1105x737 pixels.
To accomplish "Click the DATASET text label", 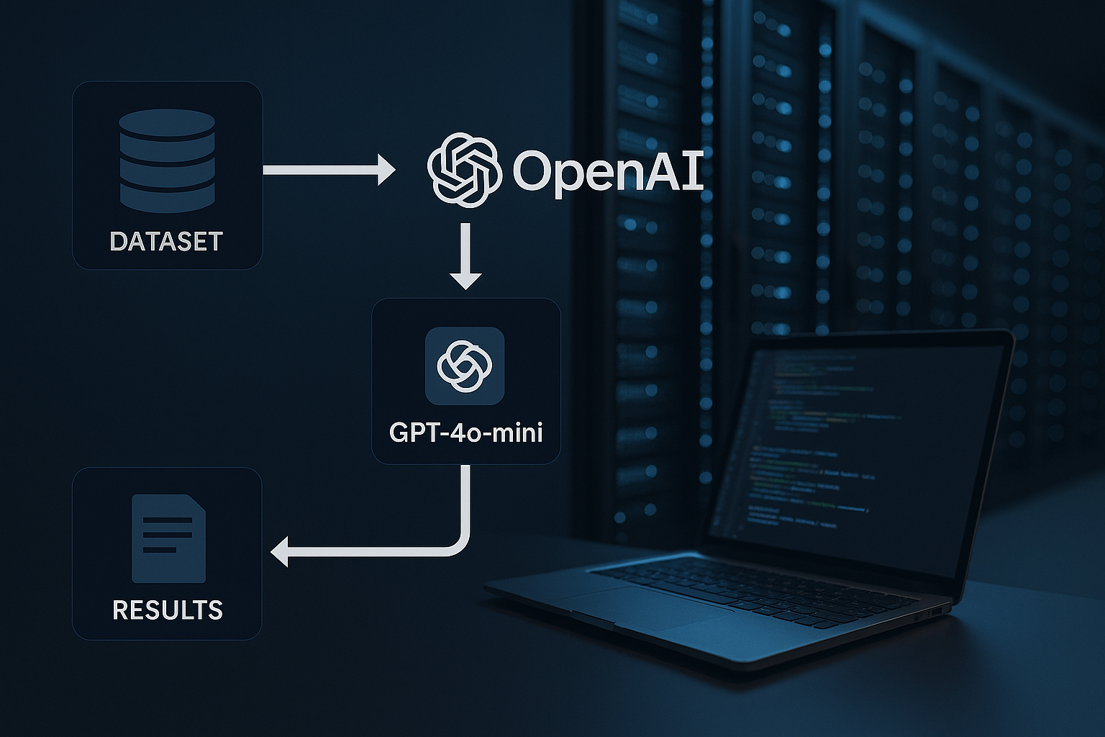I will [x=166, y=241].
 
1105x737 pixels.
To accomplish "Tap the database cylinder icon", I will [x=167, y=160].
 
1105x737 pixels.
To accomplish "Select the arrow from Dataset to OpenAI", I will [x=327, y=170].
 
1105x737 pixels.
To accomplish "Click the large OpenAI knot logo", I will [x=464, y=170].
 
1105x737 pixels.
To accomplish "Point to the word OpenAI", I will [x=608, y=171].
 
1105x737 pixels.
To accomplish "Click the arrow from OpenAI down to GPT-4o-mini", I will [x=465, y=256].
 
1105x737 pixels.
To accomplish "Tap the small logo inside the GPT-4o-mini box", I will [x=465, y=365].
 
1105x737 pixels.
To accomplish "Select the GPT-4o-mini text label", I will [x=465, y=432].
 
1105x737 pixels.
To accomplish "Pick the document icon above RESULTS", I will [x=168, y=538].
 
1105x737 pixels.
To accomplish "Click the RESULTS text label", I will [x=168, y=610].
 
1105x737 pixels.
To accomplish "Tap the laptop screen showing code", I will [x=849, y=446].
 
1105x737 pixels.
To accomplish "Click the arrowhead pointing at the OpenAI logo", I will [x=386, y=170].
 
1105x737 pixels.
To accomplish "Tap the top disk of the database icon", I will [x=167, y=122].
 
